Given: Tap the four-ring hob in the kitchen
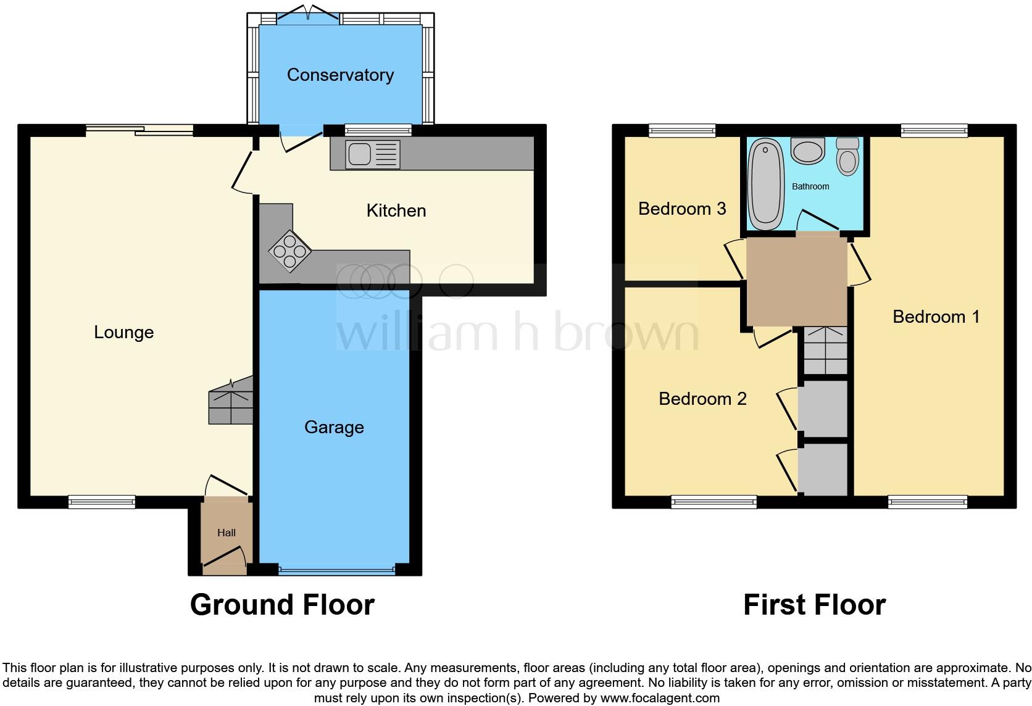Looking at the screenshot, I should [289, 251].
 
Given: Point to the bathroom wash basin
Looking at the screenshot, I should [807, 151].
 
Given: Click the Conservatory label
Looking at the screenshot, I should [340, 75].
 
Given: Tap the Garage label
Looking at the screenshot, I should [334, 427].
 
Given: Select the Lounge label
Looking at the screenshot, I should [123, 332].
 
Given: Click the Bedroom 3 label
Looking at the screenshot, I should [681, 209].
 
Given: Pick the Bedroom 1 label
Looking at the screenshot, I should [936, 317].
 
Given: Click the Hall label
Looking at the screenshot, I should [227, 533].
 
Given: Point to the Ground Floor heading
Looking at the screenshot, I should [282, 605].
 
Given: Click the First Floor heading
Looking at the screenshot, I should [814, 605].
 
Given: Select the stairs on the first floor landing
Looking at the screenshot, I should [825, 351].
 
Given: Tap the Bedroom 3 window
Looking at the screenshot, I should [681, 130].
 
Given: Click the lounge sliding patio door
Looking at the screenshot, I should [139, 129].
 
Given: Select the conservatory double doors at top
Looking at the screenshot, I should [307, 15].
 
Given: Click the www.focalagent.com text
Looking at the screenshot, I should [659, 699].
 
